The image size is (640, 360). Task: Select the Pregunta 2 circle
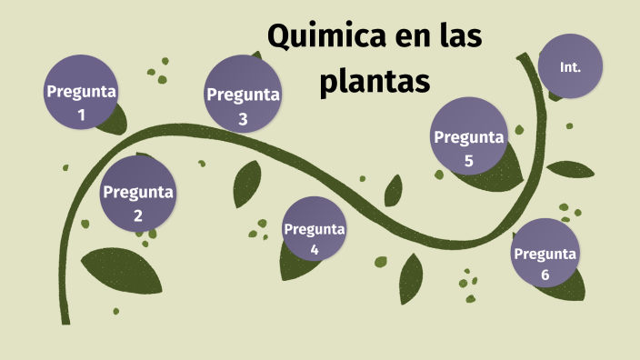[x=138, y=193]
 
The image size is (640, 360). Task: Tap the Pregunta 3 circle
[x=243, y=95]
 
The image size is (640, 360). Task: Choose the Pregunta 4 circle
[x=315, y=229]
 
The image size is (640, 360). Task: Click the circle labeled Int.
[x=570, y=67]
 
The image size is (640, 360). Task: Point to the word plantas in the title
[x=375, y=82]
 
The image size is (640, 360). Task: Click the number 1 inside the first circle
[x=81, y=115]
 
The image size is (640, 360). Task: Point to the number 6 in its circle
[x=545, y=275]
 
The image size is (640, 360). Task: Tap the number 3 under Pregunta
[x=243, y=118]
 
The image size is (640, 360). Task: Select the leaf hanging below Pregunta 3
[x=246, y=184]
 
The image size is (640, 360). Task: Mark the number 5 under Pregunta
[x=468, y=161]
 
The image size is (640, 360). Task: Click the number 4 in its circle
[x=315, y=249]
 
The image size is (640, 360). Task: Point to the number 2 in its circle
[x=138, y=215]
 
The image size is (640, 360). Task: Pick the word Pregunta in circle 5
[x=468, y=137]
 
